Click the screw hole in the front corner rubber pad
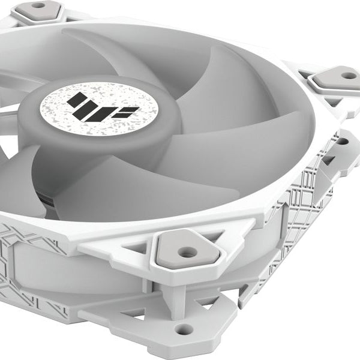click(x=187, y=253)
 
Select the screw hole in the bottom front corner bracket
click(x=184, y=329)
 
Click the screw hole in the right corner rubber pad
click(x=348, y=76)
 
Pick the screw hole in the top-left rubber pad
click(x=38, y=5)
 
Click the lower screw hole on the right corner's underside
click(x=343, y=142)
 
